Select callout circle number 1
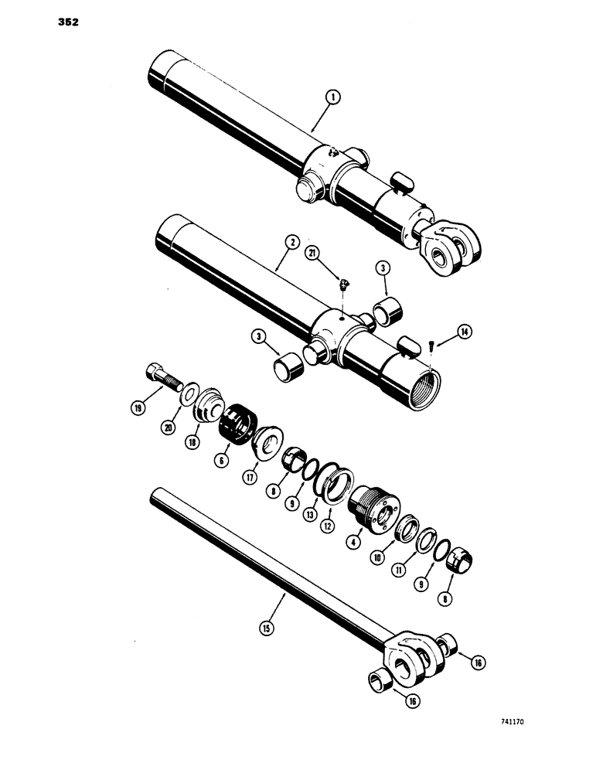point(332,97)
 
